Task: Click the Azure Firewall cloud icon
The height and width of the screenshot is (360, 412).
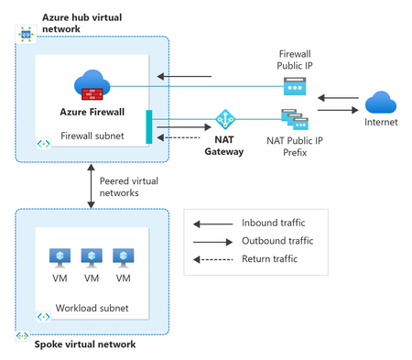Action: [x=92, y=85]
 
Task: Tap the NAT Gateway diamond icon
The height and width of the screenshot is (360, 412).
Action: [x=225, y=119]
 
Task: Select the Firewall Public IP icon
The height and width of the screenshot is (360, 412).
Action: [x=295, y=86]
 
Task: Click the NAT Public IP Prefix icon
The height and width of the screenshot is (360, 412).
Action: [x=295, y=119]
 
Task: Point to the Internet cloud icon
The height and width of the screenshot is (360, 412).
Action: [x=381, y=103]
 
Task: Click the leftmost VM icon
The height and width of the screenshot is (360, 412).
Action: [x=60, y=258]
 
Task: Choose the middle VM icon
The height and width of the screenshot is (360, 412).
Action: [x=92, y=258]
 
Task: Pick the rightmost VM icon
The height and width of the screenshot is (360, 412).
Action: [x=124, y=258]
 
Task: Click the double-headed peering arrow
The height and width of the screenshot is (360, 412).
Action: [x=91, y=186]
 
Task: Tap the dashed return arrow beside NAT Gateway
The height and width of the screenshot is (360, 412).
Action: [x=179, y=137]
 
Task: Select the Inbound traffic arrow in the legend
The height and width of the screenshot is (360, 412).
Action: [x=212, y=224]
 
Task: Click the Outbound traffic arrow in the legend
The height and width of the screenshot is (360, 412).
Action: [x=212, y=242]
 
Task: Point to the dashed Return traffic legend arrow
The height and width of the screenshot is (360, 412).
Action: [x=212, y=260]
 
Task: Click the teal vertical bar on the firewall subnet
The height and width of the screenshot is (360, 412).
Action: [x=149, y=126]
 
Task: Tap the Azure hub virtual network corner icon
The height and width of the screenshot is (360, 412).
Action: [x=26, y=35]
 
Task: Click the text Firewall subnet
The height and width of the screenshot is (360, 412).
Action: [x=92, y=136]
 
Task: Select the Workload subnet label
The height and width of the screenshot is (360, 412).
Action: [x=92, y=308]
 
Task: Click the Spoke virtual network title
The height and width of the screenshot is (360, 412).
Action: [x=85, y=344]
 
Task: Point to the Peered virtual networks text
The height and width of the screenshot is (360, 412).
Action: [x=129, y=187]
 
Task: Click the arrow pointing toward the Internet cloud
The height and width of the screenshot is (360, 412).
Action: [x=338, y=110]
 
